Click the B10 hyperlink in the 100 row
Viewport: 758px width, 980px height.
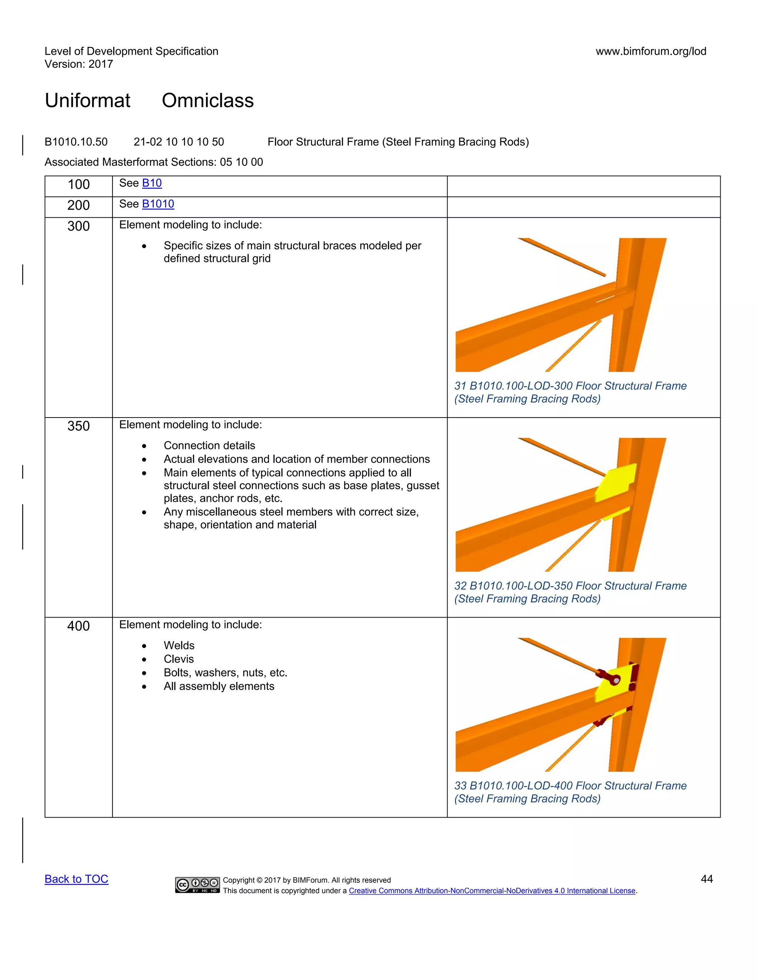pyautogui.click(x=152, y=183)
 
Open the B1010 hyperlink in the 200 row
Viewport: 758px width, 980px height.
pyautogui.click(x=158, y=204)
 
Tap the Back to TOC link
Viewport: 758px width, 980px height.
pyautogui.click(x=76, y=879)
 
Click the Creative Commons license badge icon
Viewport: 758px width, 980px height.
pyautogui.click(x=197, y=885)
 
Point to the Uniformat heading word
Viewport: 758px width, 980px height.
pyautogui.click(x=88, y=101)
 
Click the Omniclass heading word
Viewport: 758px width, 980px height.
pyautogui.click(x=208, y=101)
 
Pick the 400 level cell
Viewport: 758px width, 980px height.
pyautogui.click(x=78, y=626)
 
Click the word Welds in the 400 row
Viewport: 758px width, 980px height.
pyautogui.click(x=179, y=646)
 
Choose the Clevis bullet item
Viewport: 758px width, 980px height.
pyautogui.click(x=179, y=659)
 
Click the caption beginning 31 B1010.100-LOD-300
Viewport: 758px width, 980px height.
pyautogui.click(x=570, y=392)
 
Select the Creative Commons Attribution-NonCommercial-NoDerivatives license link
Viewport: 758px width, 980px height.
pyautogui.click(x=492, y=891)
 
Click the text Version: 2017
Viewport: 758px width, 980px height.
pyautogui.click(x=78, y=64)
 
